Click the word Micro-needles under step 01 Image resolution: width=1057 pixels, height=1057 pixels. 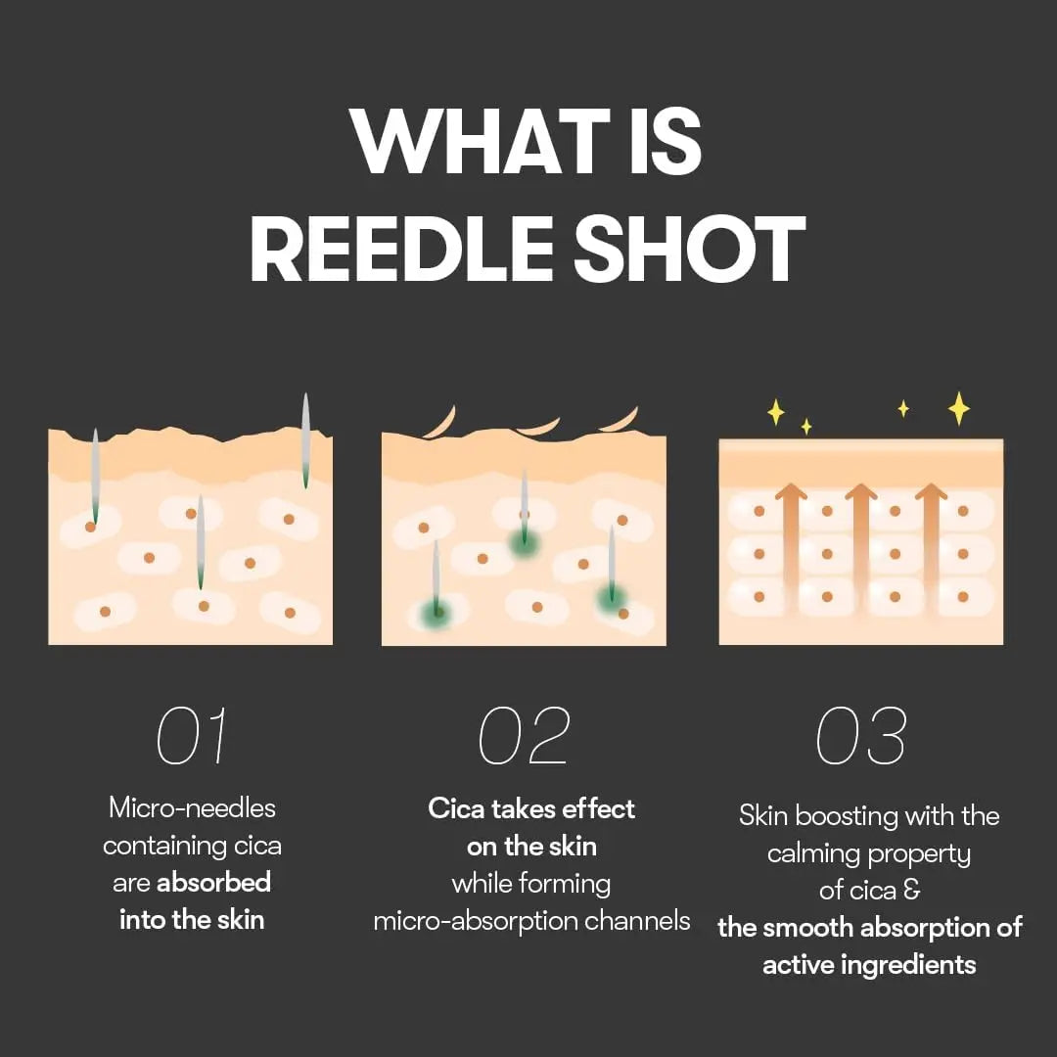coord(192,808)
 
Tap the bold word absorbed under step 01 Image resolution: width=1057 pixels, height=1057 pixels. coord(213,883)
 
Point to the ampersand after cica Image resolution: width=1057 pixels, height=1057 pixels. coord(912,891)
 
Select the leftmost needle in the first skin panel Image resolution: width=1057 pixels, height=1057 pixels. coord(95,476)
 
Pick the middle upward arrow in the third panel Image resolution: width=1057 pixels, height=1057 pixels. coord(861,543)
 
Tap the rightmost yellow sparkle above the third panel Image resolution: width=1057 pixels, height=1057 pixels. coord(959,408)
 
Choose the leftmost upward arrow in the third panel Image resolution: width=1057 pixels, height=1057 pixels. coord(791,543)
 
